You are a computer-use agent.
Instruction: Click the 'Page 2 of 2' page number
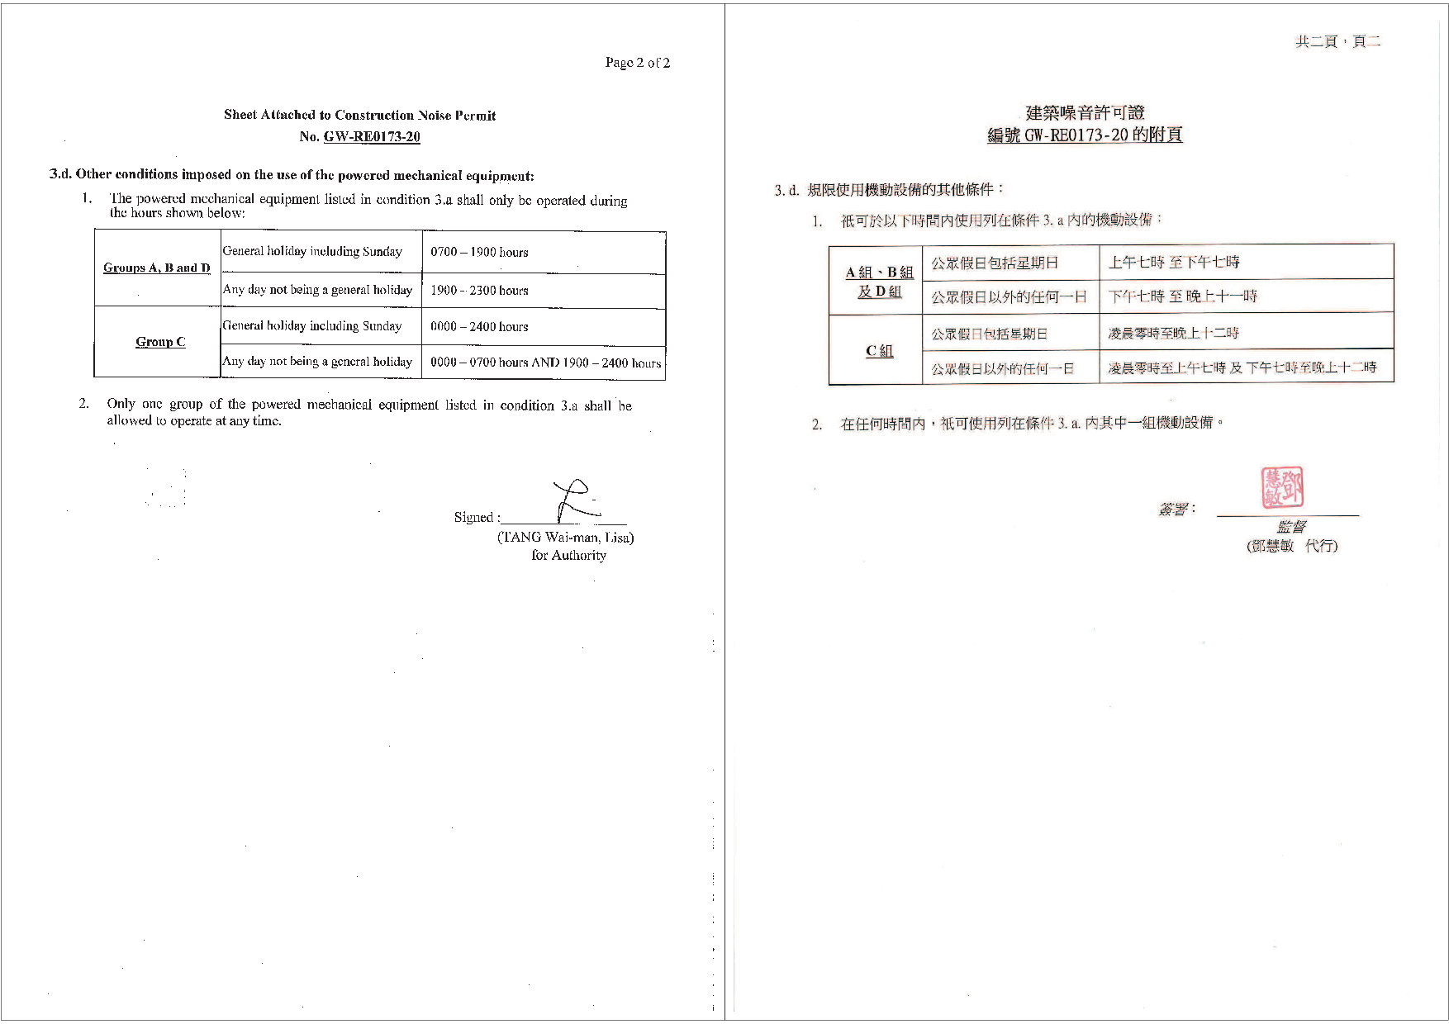pos(637,63)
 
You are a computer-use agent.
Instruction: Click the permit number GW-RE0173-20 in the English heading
pos(372,137)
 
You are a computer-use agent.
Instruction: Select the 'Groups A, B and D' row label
pos(157,268)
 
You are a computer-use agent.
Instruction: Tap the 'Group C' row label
pos(160,342)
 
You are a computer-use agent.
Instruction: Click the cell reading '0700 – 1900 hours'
pos(479,252)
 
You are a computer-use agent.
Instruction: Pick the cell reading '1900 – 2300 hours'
pos(479,290)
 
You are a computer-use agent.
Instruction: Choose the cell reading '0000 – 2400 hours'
pos(479,326)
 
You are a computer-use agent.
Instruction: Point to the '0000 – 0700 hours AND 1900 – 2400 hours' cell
pos(545,363)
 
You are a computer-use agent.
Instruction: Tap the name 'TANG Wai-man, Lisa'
pos(566,537)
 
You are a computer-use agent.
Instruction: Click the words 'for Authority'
pos(568,555)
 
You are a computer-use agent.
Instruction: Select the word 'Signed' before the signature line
pos(475,517)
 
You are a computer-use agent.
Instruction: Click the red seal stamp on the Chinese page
pos(1281,488)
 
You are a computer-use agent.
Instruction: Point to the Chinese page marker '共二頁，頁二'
pos(1337,41)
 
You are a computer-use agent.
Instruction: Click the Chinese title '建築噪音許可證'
pos(1085,113)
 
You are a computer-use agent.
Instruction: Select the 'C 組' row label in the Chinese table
pos(879,351)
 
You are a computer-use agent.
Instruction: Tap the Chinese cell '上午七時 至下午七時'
pos(1174,263)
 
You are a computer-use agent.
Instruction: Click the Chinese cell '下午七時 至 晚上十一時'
pos(1182,296)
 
